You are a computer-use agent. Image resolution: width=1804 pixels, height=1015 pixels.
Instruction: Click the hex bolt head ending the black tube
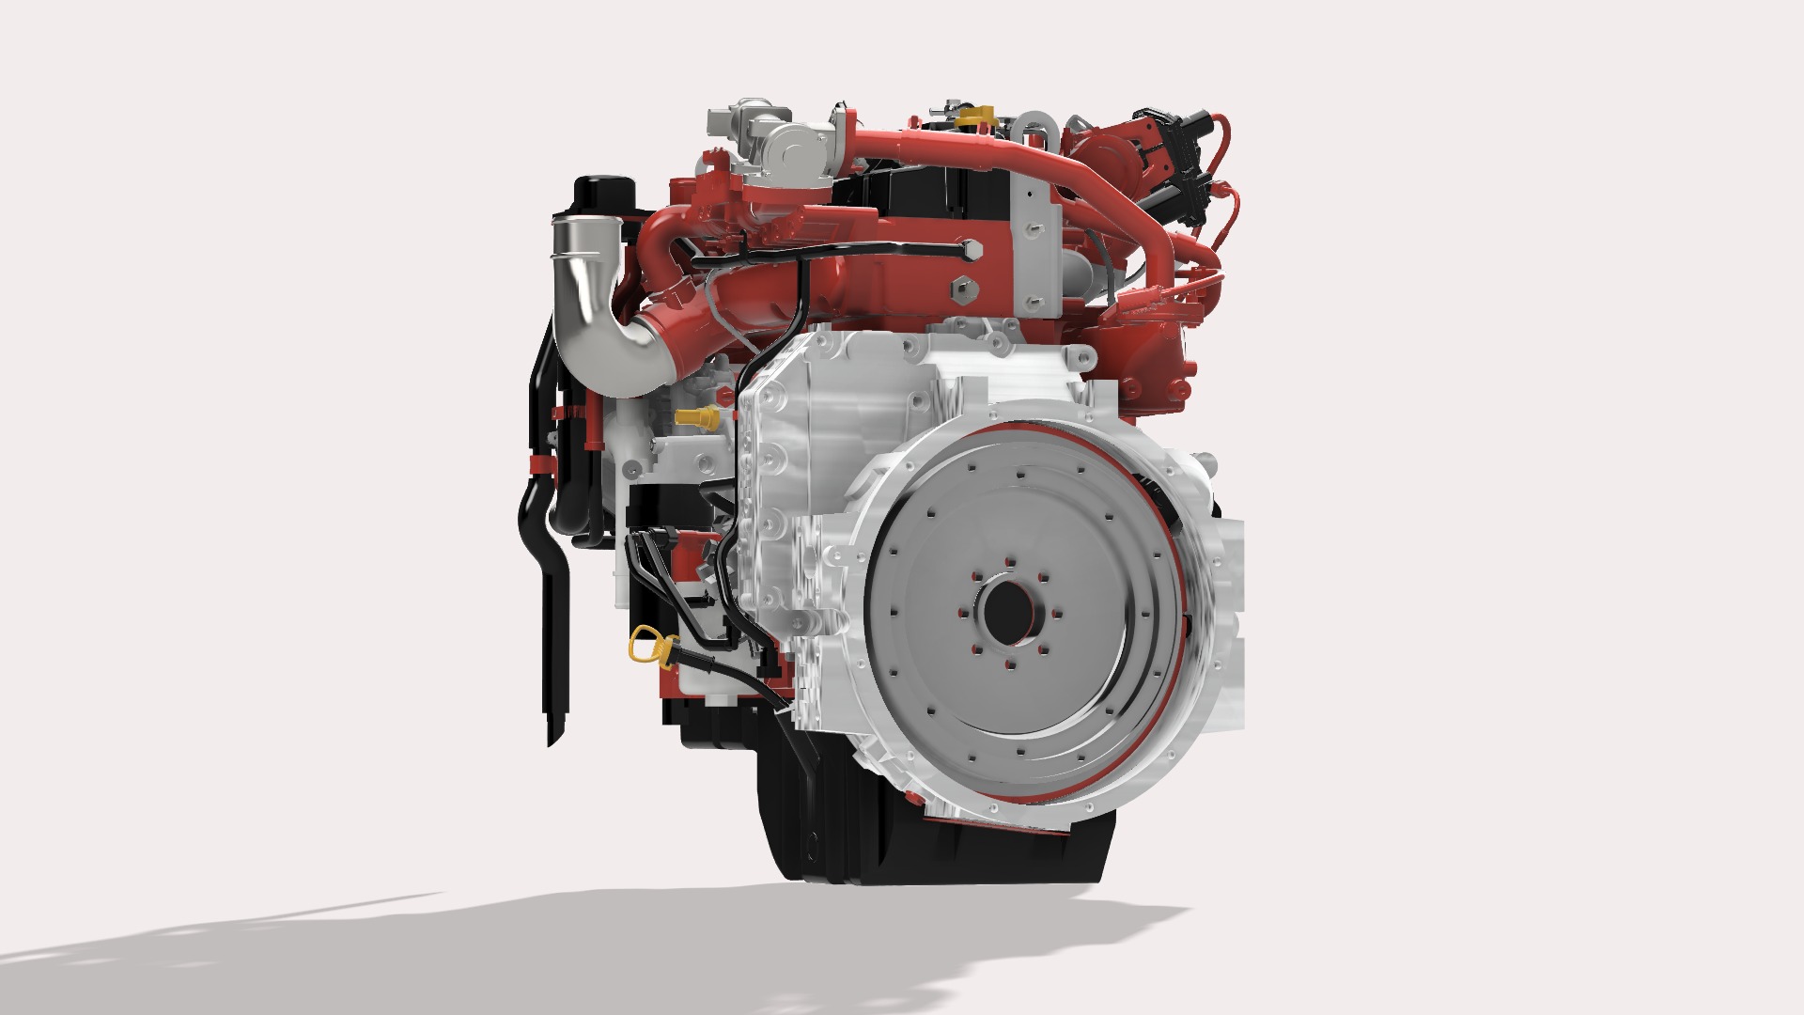[x=971, y=250]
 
